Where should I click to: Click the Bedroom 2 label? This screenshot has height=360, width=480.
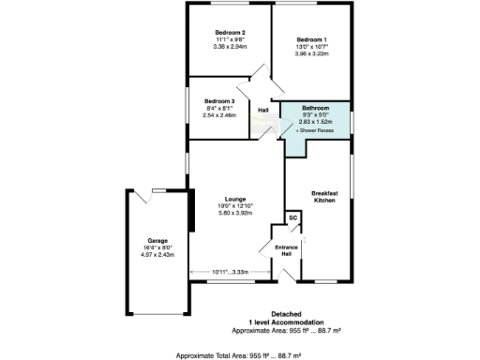[x=230, y=32]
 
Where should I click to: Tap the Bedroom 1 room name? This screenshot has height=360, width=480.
[x=314, y=39]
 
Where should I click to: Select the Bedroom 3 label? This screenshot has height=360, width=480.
[x=219, y=100]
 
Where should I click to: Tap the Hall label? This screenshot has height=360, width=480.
[x=264, y=111]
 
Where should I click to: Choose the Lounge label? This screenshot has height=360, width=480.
[x=235, y=199]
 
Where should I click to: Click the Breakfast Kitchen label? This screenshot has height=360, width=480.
[x=323, y=197]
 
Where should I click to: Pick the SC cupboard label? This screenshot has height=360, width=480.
[x=292, y=217]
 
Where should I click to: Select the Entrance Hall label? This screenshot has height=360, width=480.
[x=284, y=251]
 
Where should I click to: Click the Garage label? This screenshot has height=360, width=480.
[x=157, y=241]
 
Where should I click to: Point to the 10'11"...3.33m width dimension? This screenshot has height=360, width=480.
[x=229, y=272]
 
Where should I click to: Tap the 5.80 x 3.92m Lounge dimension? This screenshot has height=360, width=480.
[x=235, y=213]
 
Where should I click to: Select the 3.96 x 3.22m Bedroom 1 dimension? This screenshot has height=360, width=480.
[x=314, y=53]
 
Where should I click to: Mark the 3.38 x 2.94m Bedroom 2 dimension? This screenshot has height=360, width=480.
[x=230, y=46]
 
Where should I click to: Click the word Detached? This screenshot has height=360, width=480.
[x=286, y=314]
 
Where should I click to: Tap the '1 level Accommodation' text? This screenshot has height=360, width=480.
[x=286, y=322]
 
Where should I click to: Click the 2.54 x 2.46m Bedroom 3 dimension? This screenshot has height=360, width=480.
[x=219, y=114]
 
